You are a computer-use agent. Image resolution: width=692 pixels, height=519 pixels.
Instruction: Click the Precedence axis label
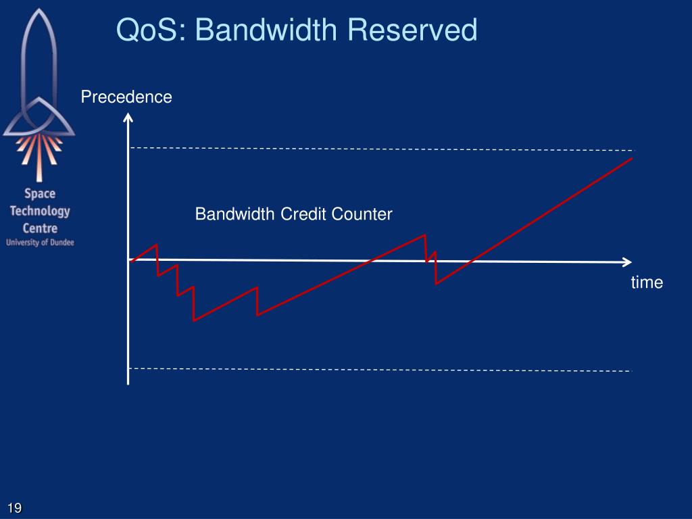tap(126, 97)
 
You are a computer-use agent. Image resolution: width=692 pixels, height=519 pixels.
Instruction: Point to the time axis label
tap(647, 282)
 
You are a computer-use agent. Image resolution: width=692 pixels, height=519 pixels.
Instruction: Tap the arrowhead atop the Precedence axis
tap(128, 118)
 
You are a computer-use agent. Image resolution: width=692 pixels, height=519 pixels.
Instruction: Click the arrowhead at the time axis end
tap(627, 262)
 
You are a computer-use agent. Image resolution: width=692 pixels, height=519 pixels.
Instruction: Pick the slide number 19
tap(15, 508)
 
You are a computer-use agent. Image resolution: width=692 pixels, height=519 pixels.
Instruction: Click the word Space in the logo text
tap(40, 194)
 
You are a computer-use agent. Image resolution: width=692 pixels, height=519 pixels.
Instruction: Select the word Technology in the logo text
tap(40, 211)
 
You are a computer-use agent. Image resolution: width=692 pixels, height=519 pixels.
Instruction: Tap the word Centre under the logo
tap(40, 228)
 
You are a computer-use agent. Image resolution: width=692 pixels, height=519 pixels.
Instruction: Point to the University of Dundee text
tap(40, 242)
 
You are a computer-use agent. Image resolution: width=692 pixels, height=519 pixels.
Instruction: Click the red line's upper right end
tap(631, 159)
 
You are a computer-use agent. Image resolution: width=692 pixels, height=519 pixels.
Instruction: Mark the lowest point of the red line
tap(194, 320)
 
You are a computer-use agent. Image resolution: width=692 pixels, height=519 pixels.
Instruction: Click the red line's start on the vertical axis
tap(130, 261)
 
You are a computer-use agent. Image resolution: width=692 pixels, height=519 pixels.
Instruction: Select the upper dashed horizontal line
tap(378, 149)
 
